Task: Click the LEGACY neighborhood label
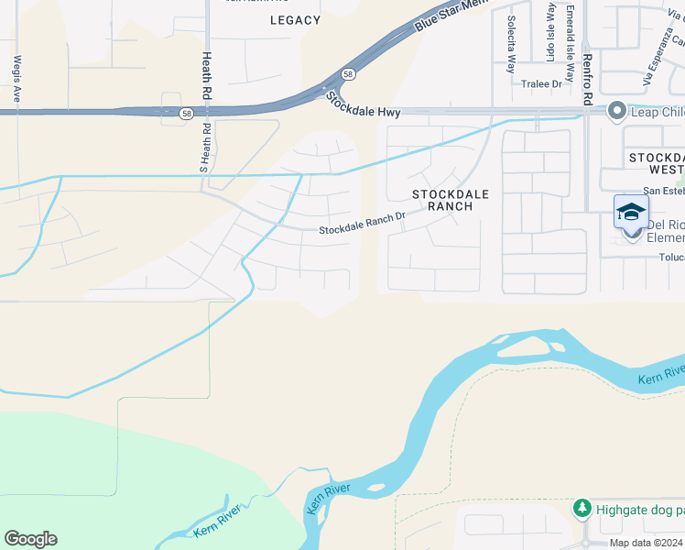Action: (x=296, y=20)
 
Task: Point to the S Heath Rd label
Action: (x=204, y=148)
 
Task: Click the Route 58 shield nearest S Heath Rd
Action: (x=186, y=114)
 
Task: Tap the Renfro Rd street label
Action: (x=587, y=81)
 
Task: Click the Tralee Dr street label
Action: (x=540, y=84)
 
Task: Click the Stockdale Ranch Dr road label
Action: (x=362, y=225)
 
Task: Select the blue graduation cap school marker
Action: (x=631, y=212)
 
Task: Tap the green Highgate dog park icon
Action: (x=581, y=508)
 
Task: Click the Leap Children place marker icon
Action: (x=616, y=111)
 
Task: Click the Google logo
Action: (x=30, y=539)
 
